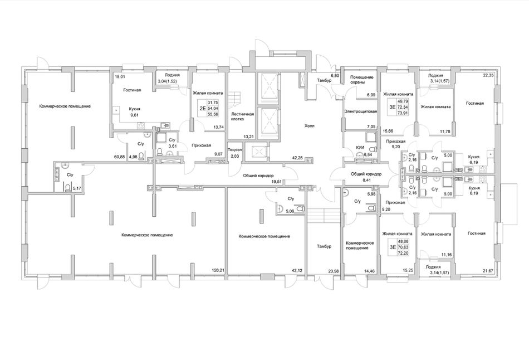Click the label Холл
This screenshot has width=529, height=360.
pyautogui.click(x=310, y=126)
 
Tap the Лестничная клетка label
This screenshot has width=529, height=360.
pyautogui.click(x=243, y=116)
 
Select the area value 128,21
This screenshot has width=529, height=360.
pyautogui.click(x=218, y=270)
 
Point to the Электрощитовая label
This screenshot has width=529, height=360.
pyautogui.click(x=361, y=111)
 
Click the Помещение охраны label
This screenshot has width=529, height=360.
pyautogui.click(x=361, y=80)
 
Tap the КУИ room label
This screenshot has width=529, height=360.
pyautogui.click(x=360, y=148)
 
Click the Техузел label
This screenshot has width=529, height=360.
pyautogui.click(x=234, y=149)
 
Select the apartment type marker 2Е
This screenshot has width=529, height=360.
pyautogui.click(x=203, y=109)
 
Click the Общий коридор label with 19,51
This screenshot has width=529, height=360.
pyautogui.click(x=258, y=176)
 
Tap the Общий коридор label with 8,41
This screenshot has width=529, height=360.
pyautogui.click(x=366, y=174)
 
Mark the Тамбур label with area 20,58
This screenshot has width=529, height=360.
pyautogui.click(x=324, y=246)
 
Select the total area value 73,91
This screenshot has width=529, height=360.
pyautogui.click(x=404, y=113)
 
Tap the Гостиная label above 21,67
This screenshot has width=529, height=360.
pyautogui.click(x=476, y=233)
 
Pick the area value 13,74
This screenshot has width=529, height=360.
pyautogui.click(x=218, y=127)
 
